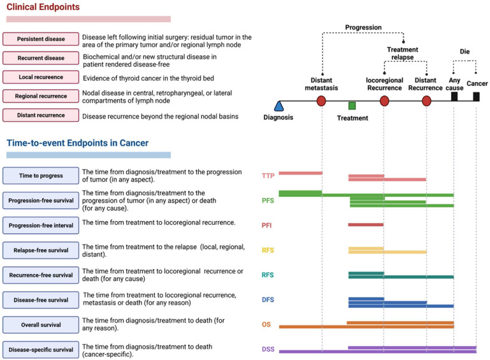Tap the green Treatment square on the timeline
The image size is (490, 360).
(352, 105)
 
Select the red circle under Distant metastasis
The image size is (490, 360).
(321, 101)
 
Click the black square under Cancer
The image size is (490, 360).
(476, 96)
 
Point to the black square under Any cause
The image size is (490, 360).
(454, 96)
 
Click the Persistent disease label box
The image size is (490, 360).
(41, 39)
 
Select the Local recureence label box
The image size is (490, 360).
(41, 77)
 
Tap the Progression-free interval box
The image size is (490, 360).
(41, 225)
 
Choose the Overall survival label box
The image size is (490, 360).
(41, 325)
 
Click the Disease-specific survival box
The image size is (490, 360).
(41, 350)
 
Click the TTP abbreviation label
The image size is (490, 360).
(268, 176)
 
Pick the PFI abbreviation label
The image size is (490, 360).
(268, 225)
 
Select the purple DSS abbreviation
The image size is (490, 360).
(268, 349)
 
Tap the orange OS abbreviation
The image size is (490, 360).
(267, 324)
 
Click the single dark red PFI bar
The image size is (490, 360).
(366, 224)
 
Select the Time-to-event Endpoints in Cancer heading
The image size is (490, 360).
(77, 143)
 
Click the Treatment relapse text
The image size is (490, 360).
(403, 53)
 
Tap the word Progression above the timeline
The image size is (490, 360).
(363, 27)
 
